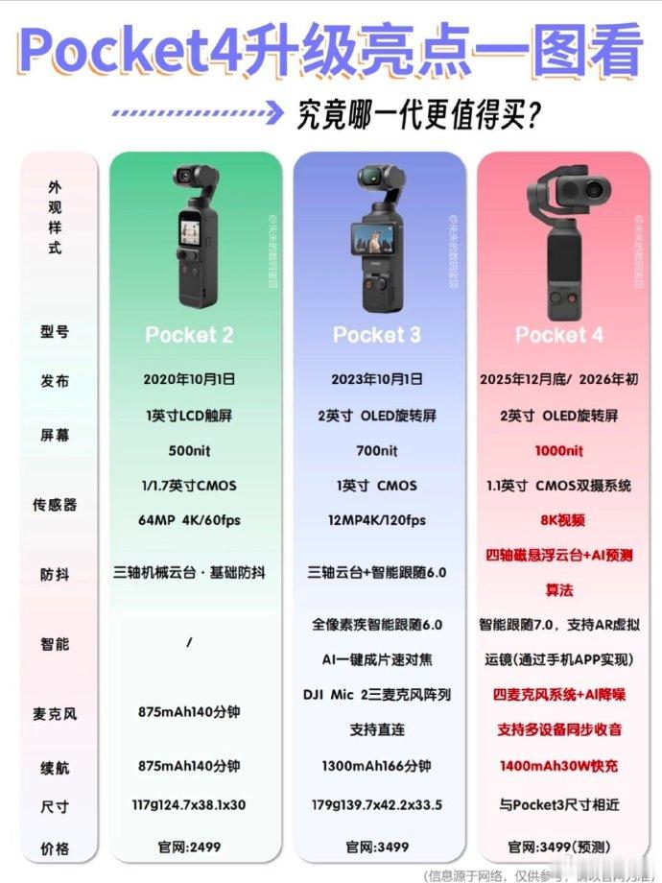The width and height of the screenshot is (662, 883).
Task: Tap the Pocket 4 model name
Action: point(559,335)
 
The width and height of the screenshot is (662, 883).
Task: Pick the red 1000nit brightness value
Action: point(559,450)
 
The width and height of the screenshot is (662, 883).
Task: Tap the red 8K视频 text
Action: point(559,521)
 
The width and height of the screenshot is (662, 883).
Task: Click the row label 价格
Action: point(56,848)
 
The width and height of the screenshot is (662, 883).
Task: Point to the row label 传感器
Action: point(56,504)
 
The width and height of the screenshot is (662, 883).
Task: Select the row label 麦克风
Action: point(56,714)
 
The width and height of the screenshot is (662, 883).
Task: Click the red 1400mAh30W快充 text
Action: point(559,766)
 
